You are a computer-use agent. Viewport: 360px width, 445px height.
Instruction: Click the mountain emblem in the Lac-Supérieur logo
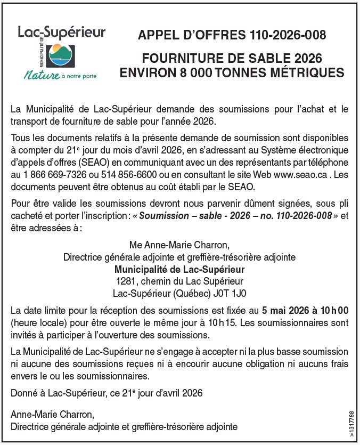[60, 54]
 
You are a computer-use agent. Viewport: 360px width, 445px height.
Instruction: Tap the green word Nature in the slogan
[42, 75]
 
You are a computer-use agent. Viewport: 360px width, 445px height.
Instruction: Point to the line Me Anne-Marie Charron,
[179, 245]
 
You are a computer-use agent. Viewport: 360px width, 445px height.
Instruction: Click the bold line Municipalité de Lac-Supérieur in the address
[179, 269]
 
